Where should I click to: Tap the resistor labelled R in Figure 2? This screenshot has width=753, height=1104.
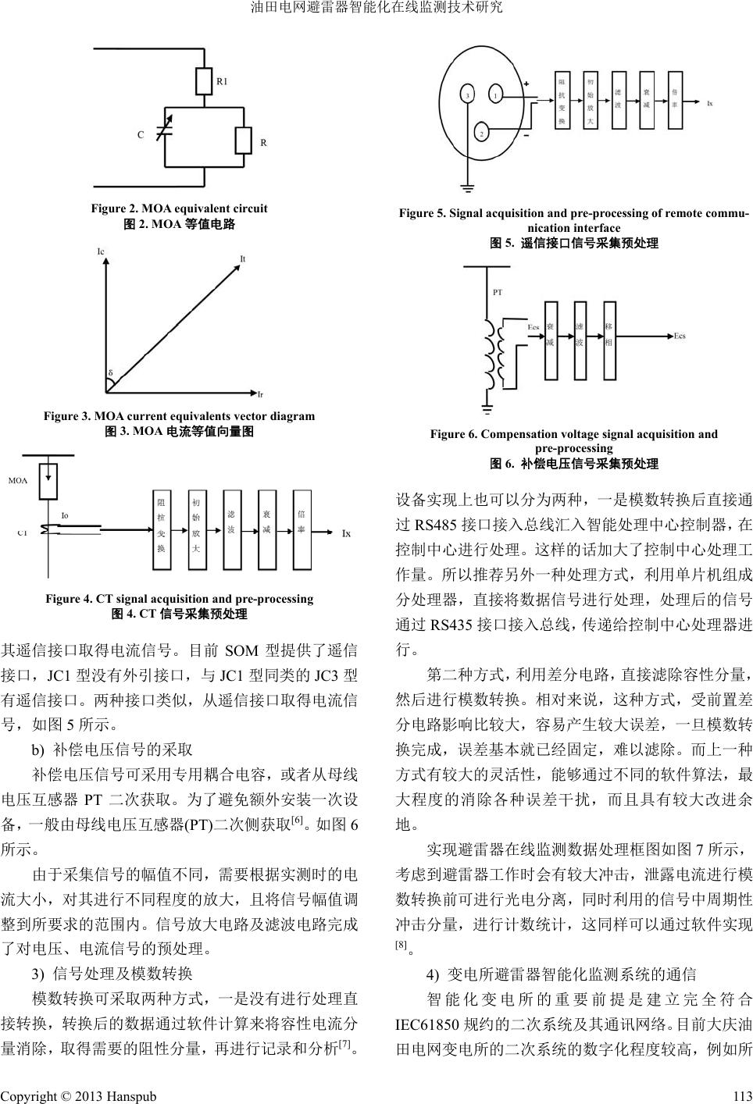(x=242, y=141)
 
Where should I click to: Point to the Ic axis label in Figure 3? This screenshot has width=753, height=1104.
(x=101, y=251)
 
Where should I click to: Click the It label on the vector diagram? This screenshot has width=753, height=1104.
(x=243, y=258)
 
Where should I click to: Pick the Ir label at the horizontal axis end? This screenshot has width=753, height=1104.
(x=260, y=394)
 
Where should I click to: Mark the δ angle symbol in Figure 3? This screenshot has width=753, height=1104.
(x=111, y=373)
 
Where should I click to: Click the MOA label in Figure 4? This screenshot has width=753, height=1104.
(x=18, y=481)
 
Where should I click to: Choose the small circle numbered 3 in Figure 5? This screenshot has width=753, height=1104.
(x=467, y=95)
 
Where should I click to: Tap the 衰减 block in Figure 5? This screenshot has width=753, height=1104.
(x=647, y=101)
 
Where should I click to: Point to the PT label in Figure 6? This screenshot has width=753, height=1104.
(x=498, y=293)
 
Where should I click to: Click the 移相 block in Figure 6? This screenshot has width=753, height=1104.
(x=608, y=337)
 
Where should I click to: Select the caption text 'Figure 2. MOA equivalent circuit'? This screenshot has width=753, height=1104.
(x=179, y=208)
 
